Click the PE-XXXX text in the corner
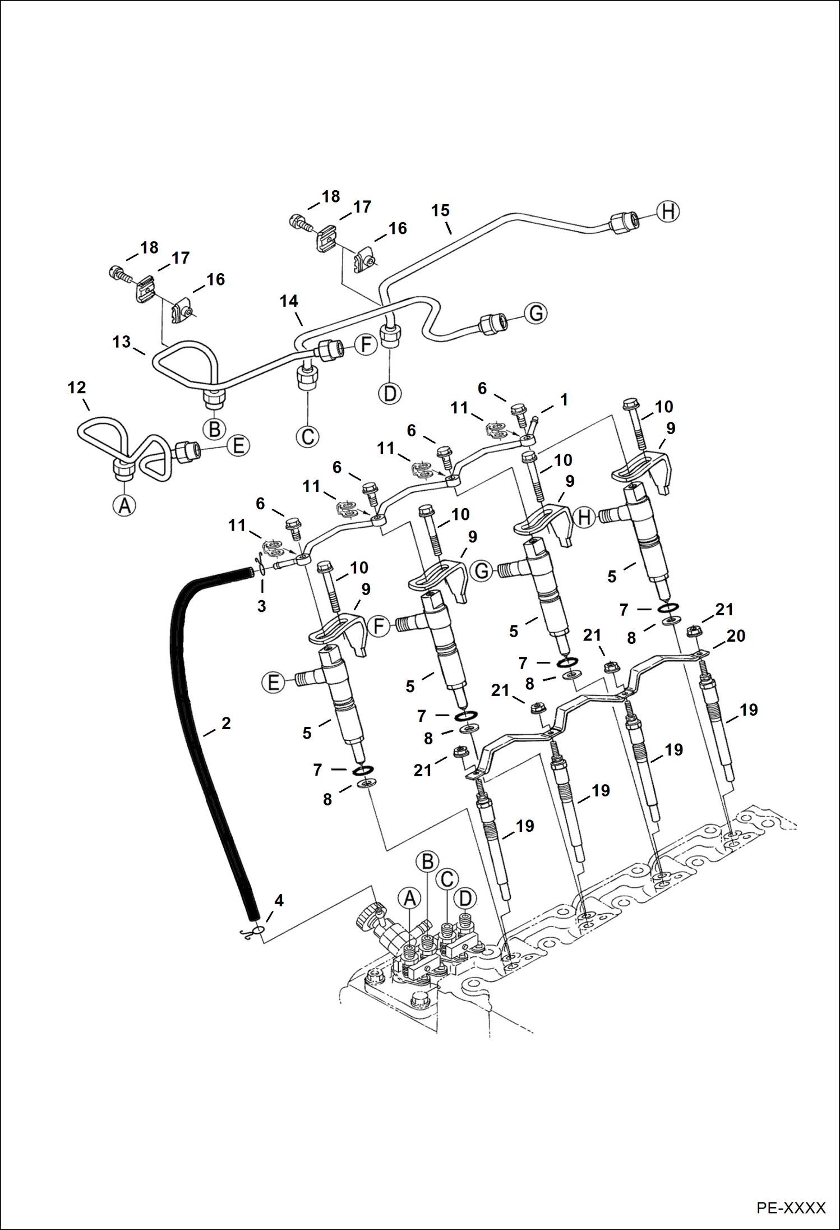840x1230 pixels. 791,1208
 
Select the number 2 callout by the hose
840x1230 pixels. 226,724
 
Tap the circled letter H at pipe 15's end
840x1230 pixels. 668,212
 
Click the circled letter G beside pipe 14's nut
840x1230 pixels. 536,313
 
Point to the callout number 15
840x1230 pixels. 440,210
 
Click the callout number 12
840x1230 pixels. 77,388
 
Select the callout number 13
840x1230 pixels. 121,342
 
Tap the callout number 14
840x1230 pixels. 289,301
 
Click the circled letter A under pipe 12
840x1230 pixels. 124,505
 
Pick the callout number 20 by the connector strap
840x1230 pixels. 736,635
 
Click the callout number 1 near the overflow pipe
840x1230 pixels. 564,399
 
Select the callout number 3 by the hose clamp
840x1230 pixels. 261,606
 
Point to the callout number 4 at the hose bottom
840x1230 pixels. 279,900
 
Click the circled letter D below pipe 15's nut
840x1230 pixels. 390,393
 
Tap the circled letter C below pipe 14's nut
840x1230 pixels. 308,436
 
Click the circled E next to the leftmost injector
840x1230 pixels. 273,683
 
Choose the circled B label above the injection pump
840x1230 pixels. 427,862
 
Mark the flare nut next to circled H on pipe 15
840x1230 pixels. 624,222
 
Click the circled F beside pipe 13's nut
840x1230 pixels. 366,344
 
